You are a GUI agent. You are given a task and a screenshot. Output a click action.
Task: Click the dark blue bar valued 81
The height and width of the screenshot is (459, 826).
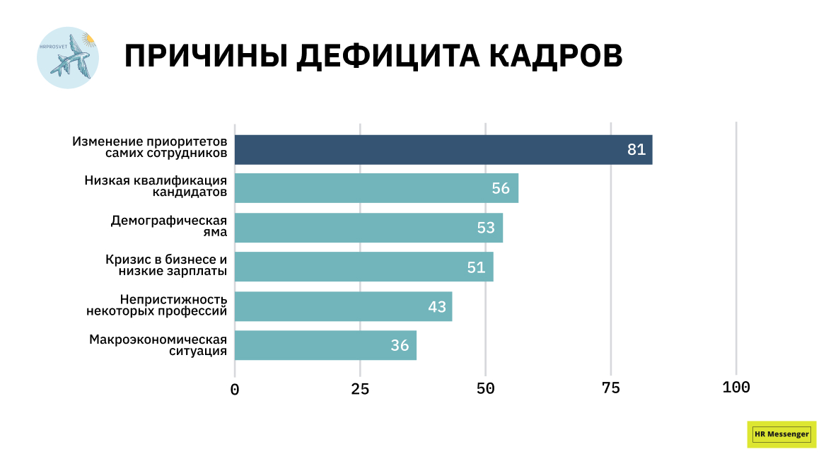443,150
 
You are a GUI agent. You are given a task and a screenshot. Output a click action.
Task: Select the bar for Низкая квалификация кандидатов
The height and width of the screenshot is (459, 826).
376,188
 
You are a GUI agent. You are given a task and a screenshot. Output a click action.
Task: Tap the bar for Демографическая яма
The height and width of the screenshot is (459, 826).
368,228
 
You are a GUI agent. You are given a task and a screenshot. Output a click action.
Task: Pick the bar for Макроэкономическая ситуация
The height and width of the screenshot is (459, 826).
325,345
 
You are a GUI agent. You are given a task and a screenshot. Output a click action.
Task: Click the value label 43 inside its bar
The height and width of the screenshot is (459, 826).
437,307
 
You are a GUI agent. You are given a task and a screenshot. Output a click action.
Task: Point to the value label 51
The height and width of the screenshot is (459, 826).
476,267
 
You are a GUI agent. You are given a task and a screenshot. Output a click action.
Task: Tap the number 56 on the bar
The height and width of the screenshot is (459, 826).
501,188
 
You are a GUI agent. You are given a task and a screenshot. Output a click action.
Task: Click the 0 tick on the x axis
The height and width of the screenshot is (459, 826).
235,388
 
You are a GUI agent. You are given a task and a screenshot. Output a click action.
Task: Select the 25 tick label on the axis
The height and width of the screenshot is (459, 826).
360,388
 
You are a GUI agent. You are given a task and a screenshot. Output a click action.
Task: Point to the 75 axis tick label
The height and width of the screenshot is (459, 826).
611,388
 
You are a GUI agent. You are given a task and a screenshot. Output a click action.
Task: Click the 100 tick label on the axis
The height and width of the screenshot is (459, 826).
736,388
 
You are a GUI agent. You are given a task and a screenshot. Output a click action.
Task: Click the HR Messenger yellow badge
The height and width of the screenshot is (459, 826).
781,434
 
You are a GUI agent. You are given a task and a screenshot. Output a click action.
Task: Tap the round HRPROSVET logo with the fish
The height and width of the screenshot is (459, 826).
68,58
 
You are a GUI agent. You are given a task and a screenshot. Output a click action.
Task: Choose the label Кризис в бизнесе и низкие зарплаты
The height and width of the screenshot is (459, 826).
166,266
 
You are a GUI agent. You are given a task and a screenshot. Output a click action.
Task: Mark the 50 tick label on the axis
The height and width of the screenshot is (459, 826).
485,388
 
